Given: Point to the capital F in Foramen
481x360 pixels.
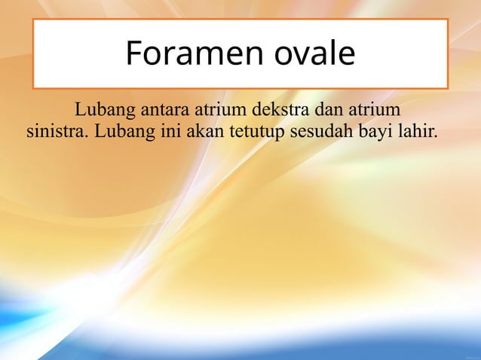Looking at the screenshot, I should point(133,53).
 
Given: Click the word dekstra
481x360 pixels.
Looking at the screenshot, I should point(274,111).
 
